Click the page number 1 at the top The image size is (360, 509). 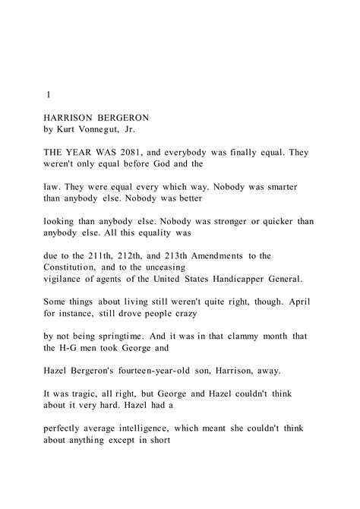click(x=48, y=96)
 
